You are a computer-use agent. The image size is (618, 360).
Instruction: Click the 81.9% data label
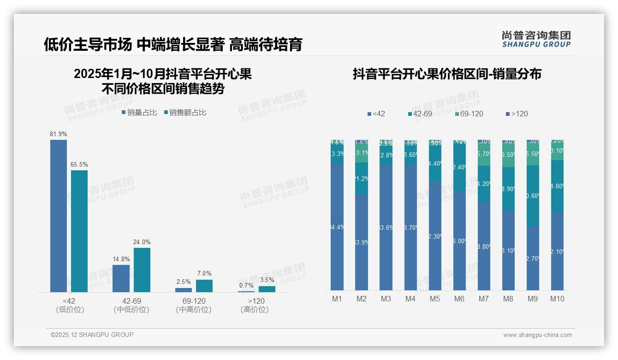(x=59, y=134)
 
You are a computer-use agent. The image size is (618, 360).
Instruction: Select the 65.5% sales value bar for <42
(x=79, y=231)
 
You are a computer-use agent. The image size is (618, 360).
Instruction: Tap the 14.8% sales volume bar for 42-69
(x=121, y=278)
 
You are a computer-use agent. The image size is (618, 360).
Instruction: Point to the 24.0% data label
(x=142, y=242)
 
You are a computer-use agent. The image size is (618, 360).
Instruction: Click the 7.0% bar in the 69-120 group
(x=204, y=286)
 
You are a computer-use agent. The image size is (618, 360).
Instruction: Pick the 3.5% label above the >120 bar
(x=267, y=280)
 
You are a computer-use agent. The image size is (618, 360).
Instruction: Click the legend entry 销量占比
(x=139, y=113)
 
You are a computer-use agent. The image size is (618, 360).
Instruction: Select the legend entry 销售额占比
(x=185, y=113)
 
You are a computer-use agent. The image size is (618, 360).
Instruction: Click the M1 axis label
(x=337, y=299)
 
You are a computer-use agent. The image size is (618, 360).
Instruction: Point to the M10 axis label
(x=557, y=299)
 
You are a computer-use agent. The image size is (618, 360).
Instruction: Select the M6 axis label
(x=459, y=299)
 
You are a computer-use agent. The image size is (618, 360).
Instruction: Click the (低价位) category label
(x=70, y=310)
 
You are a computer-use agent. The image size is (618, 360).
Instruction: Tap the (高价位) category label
(x=255, y=310)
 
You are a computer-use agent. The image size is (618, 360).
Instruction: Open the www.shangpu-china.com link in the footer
(x=537, y=335)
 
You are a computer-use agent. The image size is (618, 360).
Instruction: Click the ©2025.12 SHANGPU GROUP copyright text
(x=92, y=335)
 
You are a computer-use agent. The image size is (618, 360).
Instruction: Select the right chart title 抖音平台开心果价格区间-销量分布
(x=447, y=74)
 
